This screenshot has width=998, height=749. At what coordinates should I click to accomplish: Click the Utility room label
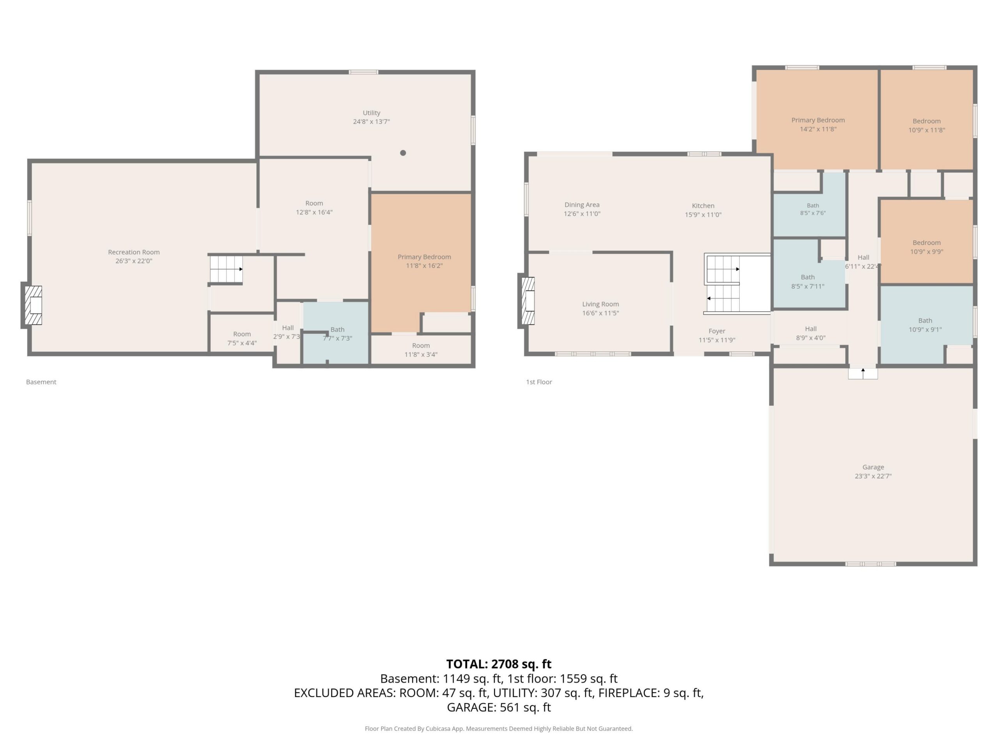(371, 113)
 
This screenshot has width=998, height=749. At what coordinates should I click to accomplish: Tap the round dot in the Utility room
(403, 153)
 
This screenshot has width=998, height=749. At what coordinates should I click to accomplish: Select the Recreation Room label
(134, 252)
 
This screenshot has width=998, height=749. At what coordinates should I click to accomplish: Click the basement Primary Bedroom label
(424, 257)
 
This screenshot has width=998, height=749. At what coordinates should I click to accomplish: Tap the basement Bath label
(337, 330)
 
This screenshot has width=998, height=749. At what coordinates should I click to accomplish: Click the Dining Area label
(582, 205)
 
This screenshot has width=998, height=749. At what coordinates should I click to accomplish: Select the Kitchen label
(703, 206)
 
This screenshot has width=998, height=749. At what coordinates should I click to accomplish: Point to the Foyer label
(717, 331)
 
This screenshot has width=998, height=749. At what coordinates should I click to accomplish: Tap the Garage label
(873, 467)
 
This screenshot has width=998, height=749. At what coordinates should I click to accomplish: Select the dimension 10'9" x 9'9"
(926, 252)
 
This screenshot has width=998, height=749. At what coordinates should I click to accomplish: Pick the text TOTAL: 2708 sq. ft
(499, 664)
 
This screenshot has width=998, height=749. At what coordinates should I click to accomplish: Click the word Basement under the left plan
(41, 382)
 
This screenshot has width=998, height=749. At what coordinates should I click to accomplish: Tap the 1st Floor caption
(539, 382)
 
